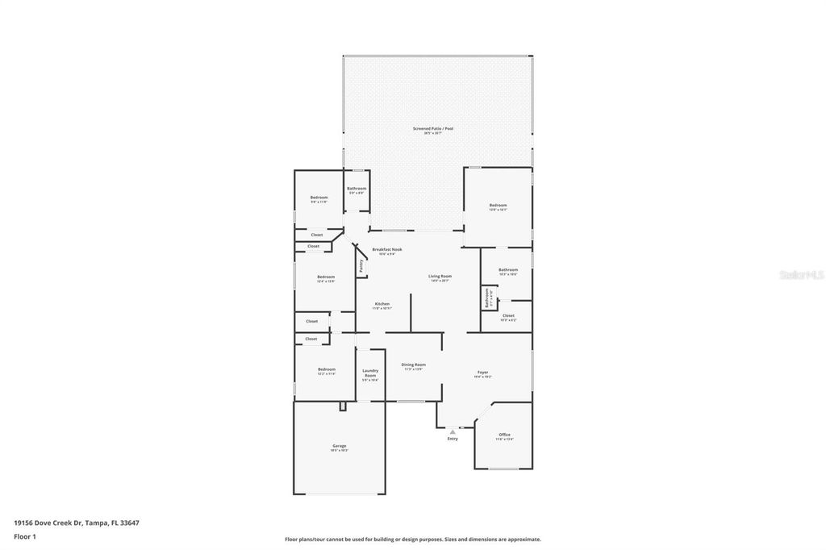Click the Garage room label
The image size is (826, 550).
pyautogui.click(x=340, y=446)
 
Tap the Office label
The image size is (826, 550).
pyautogui.click(x=504, y=435)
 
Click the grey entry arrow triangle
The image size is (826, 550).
pyautogui.click(x=453, y=432)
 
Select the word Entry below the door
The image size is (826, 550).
pyautogui.click(x=453, y=439)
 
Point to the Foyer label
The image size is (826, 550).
pyautogui.click(x=482, y=372)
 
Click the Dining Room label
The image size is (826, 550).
pyautogui.click(x=413, y=365)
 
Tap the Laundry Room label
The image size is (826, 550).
pyautogui.click(x=370, y=373)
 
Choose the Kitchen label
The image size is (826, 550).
pyautogui.click(x=382, y=304)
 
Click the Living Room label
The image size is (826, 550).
pyautogui.click(x=440, y=276)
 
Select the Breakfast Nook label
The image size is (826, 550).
pyautogui.click(x=387, y=249)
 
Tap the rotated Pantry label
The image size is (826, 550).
pyautogui.click(x=361, y=264)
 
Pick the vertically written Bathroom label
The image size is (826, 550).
pyautogui.click(x=487, y=298)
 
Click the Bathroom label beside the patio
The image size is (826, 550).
pyautogui.click(x=357, y=189)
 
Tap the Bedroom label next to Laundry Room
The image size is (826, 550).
pyautogui.click(x=326, y=369)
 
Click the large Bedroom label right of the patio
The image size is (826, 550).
pyautogui.click(x=498, y=205)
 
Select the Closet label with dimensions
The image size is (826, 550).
pyautogui.click(x=508, y=316)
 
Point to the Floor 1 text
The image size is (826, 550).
pyautogui.click(x=25, y=535)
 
